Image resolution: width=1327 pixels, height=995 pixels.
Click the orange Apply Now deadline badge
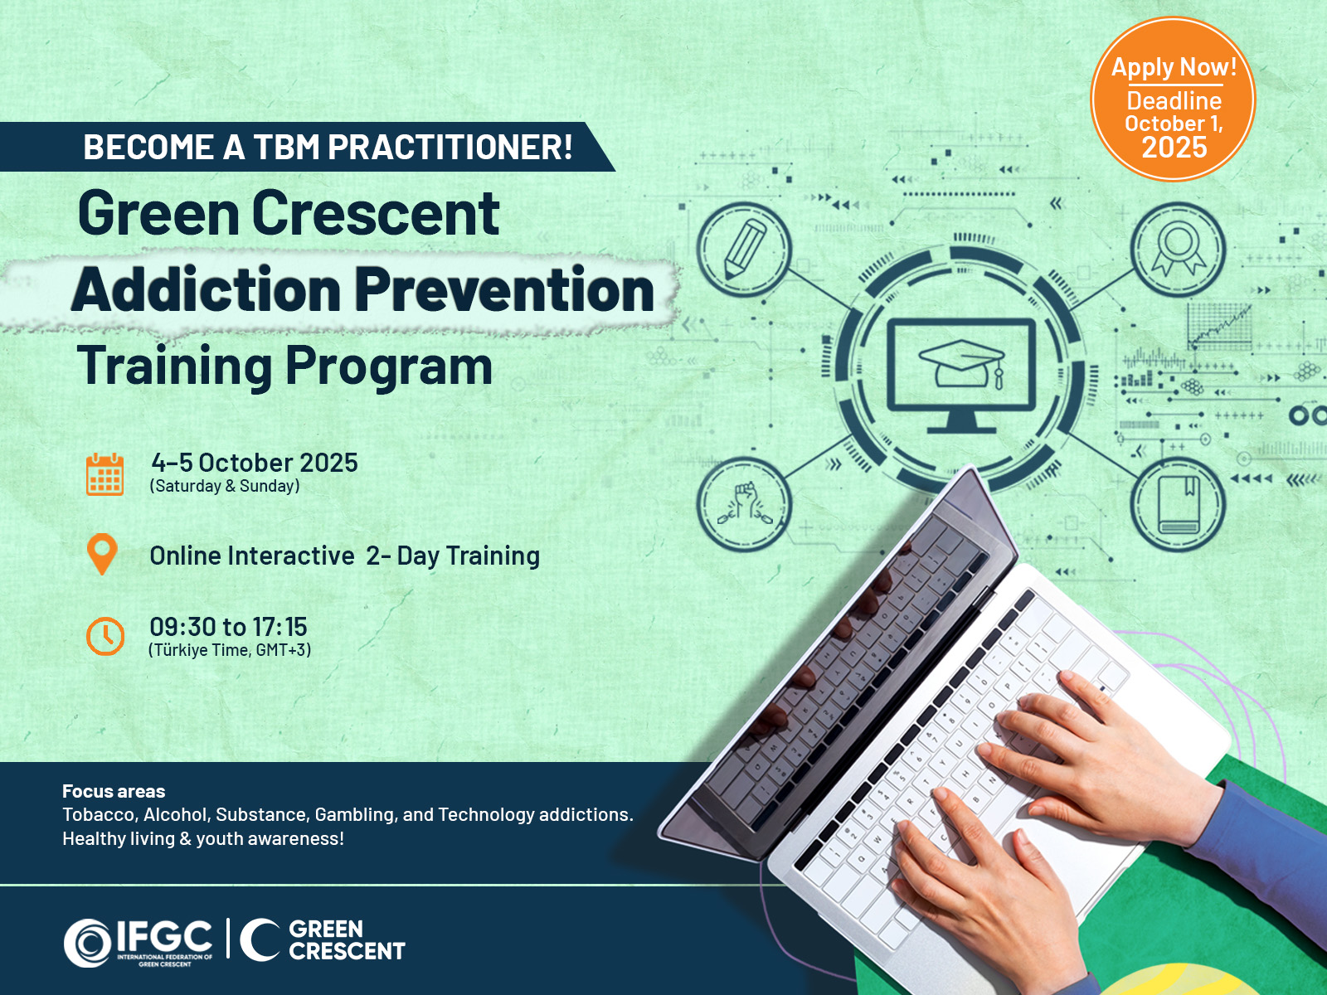[x=1173, y=99]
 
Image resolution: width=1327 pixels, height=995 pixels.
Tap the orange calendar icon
[x=105, y=474]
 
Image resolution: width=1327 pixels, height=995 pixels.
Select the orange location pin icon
[x=102, y=554]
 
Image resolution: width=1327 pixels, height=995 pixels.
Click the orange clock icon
[x=105, y=635]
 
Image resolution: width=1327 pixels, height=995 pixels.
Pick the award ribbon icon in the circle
[x=1179, y=248]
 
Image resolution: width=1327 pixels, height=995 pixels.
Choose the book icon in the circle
[x=1179, y=505]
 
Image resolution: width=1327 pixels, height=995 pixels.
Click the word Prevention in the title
[x=504, y=290]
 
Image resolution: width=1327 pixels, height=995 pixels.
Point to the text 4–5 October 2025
[x=255, y=463]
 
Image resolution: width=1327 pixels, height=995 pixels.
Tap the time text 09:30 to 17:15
[x=229, y=627]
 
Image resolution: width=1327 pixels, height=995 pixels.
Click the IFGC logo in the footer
[x=138, y=943]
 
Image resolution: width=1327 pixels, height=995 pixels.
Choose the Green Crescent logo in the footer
[x=323, y=940]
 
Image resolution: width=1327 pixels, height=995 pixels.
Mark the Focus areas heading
[x=114, y=791]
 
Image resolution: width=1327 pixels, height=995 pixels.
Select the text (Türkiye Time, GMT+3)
[x=230, y=650]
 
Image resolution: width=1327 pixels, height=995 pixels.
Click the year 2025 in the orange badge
[x=1174, y=148]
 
